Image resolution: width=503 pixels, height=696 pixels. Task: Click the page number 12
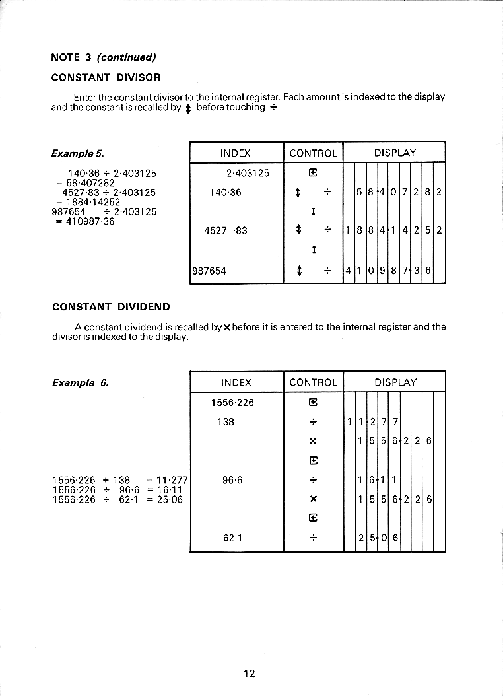point(249,673)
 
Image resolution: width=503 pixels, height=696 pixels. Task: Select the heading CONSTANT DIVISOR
point(106,77)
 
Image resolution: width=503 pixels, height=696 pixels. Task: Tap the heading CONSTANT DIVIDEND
point(111,306)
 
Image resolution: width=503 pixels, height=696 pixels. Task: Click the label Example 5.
point(77,153)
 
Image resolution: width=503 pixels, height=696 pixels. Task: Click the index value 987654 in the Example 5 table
point(209,271)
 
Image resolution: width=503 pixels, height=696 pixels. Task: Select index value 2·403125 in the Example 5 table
point(248,174)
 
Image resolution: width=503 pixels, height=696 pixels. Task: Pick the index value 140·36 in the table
point(226,192)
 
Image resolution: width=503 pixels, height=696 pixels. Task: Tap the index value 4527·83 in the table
point(226,230)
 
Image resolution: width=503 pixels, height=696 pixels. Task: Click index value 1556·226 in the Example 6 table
point(232,402)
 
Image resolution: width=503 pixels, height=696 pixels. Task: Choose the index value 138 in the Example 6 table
point(226,421)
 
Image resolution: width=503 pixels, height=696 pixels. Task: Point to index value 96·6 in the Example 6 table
point(233,480)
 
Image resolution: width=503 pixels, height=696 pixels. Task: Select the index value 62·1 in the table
point(233,538)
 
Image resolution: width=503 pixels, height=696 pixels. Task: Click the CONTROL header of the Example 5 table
point(313,153)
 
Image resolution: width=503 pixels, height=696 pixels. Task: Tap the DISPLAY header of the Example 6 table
point(395,382)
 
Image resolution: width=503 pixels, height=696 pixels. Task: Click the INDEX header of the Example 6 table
point(236,382)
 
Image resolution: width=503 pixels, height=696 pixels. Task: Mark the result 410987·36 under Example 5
point(89,221)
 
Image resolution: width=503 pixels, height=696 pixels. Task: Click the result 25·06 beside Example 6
point(168,499)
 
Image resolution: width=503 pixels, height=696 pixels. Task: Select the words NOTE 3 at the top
point(71,57)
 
